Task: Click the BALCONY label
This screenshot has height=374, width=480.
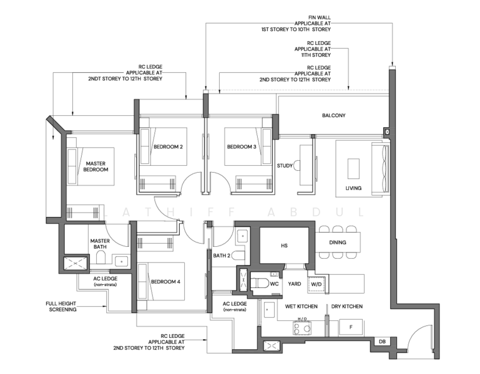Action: tap(334, 115)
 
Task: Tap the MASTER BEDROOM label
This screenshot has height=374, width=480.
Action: tap(96, 166)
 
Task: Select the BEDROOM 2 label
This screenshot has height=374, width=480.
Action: tap(168, 146)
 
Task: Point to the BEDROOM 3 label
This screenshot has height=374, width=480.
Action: tap(242, 146)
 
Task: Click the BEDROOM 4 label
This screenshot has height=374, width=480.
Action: tap(165, 282)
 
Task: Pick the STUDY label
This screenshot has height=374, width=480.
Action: tap(285, 166)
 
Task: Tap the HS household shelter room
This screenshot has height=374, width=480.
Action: tap(284, 245)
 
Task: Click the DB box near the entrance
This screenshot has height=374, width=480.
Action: tap(382, 342)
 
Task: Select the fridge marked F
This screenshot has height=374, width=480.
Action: tap(351, 327)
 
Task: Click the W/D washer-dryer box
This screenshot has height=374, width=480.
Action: tap(316, 284)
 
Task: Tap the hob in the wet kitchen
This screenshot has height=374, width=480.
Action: tap(302, 328)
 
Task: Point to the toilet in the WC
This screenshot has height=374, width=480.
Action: tap(260, 284)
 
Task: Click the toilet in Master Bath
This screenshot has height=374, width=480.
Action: tap(100, 257)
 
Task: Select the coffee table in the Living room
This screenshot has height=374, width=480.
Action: tap(353, 168)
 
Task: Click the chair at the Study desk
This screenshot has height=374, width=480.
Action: tap(296, 166)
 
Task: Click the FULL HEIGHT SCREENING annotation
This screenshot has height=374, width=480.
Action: tap(61, 307)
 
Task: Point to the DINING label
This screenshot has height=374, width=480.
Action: tap(338, 242)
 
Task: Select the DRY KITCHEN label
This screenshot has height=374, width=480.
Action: tap(347, 306)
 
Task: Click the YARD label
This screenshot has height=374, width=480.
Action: tap(295, 284)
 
